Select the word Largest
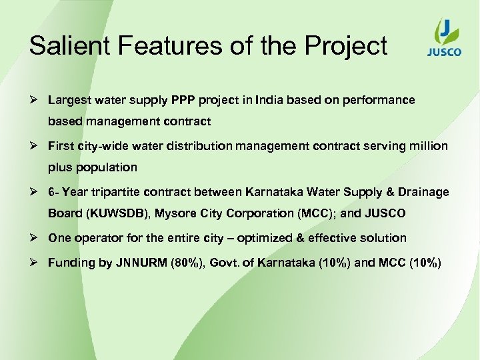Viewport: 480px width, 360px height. [70, 100]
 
